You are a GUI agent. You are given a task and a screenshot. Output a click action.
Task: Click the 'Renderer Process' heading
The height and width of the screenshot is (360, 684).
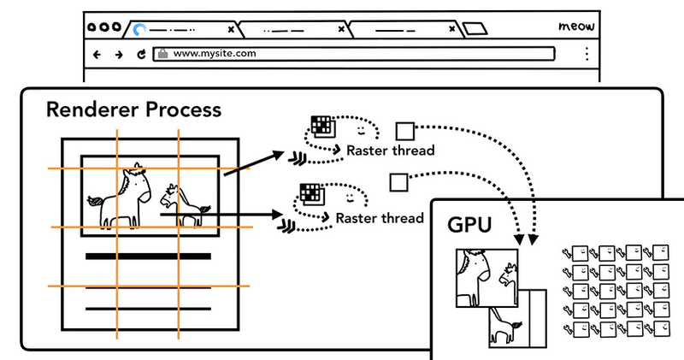point(133,110)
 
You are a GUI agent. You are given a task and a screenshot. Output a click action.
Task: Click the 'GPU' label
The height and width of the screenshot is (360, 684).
point(470,224)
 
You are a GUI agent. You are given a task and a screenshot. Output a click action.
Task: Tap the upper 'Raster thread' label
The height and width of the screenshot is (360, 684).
point(390,150)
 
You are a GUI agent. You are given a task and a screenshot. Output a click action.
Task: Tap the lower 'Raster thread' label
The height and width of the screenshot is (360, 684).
point(379,218)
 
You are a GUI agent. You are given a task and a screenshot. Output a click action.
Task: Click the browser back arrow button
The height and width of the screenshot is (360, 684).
point(97,54)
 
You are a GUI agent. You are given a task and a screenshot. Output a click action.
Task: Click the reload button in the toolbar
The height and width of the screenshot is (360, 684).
point(141,54)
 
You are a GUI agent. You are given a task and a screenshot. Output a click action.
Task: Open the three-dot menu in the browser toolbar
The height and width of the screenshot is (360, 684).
point(587,54)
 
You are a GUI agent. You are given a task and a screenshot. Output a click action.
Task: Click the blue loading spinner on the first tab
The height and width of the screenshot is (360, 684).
point(139,30)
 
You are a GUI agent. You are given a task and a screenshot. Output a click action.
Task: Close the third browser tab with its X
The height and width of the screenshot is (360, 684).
point(451,29)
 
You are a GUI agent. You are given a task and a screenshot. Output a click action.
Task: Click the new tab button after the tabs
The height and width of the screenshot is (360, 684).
point(475,29)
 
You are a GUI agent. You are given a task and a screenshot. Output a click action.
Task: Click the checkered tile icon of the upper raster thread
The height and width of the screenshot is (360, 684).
point(321,126)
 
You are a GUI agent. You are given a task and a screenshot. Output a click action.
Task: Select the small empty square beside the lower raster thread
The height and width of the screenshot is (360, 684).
point(397,182)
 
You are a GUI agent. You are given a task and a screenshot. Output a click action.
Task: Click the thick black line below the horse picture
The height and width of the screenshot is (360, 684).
point(148,256)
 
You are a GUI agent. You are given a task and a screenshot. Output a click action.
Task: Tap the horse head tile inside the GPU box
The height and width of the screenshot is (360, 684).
point(486,275)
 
